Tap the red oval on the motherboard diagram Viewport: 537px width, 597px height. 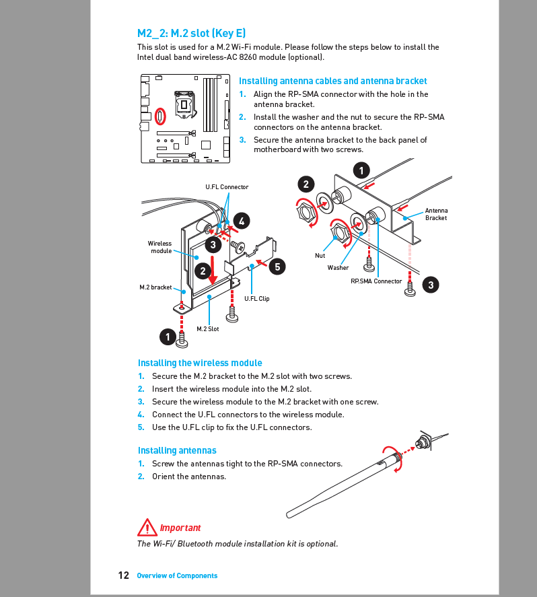tap(160, 116)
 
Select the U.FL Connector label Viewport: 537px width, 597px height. tap(227, 187)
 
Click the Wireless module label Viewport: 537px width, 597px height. tap(160, 247)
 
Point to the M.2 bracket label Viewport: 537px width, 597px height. tap(155, 287)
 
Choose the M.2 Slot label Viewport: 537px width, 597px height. tap(207, 329)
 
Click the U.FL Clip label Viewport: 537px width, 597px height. tap(256, 299)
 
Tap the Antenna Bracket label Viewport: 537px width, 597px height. tap(436, 214)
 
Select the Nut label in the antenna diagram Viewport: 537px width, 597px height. tap(320, 256)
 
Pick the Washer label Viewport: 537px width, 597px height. tap(338, 268)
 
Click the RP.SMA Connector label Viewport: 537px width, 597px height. tap(375, 281)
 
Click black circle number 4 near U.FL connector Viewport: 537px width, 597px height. tap(241, 220)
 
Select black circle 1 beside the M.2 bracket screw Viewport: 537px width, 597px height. tap(168, 336)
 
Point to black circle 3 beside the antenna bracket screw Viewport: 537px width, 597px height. tap(431, 285)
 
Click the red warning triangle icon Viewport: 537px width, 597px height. tap(146, 527)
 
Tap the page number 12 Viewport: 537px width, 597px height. tap(123, 575)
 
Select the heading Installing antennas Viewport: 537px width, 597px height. tap(177, 450)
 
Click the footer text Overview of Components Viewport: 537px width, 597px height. tap(177, 576)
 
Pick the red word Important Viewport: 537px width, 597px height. tap(180, 528)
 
